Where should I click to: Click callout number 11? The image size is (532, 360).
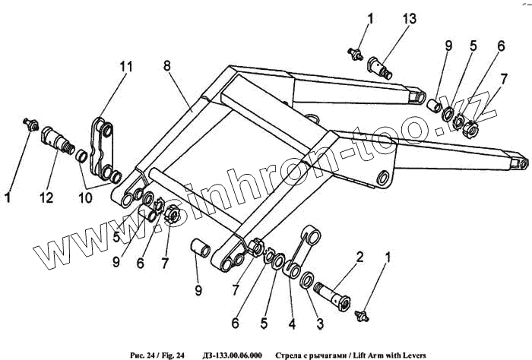tap(124, 67)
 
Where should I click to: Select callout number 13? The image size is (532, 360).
tap(412, 18)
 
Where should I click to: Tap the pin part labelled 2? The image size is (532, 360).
tap(334, 291)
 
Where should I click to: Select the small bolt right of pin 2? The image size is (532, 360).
tap(361, 311)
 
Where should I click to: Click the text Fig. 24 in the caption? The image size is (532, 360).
tap(171, 353)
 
